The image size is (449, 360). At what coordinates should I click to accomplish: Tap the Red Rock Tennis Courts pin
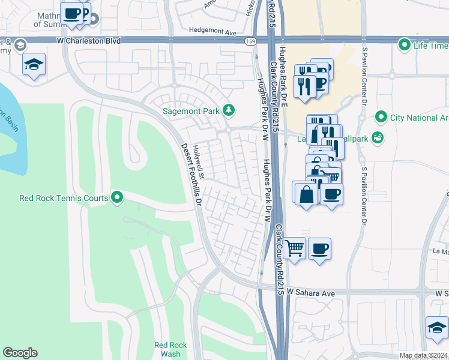pyautogui.click(x=118, y=197)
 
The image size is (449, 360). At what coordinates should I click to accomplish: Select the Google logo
pyautogui.click(x=20, y=353)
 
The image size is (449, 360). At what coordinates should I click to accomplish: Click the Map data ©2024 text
pyautogui.click(x=423, y=355)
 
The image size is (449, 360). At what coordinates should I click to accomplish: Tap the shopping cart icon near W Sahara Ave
pyautogui.click(x=294, y=248)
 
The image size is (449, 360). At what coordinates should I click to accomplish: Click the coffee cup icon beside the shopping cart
pyautogui.click(x=320, y=248)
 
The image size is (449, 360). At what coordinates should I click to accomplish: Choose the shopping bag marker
pyautogui.click(x=306, y=193)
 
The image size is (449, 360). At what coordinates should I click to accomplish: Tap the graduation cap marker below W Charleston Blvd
pyautogui.click(x=34, y=65)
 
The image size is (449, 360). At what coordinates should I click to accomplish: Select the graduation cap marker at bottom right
pyautogui.click(x=436, y=328)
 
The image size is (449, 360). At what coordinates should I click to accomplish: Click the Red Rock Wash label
pyautogui.click(x=170, y=349)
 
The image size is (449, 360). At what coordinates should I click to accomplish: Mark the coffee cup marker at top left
pyautogui.click(x=72, y=13)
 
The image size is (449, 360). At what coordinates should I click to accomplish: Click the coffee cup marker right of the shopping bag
pyautogui.click(x=331, y=193)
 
